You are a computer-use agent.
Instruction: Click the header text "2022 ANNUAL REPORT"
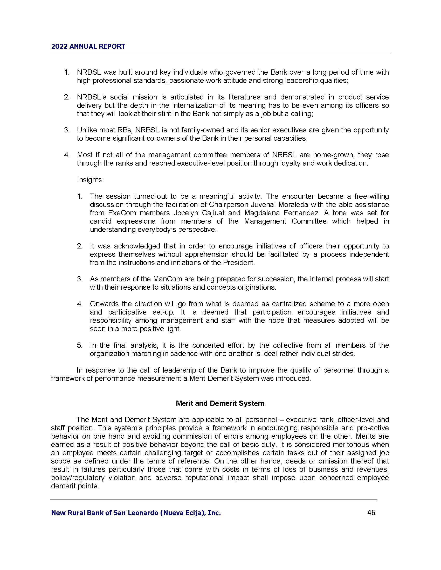[88, 46]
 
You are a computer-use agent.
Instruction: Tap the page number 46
[371, 512]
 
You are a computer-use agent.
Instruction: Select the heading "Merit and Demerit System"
[220, 403]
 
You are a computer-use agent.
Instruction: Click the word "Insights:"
[90, 180]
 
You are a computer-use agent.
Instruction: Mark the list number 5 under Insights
[80, 345]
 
